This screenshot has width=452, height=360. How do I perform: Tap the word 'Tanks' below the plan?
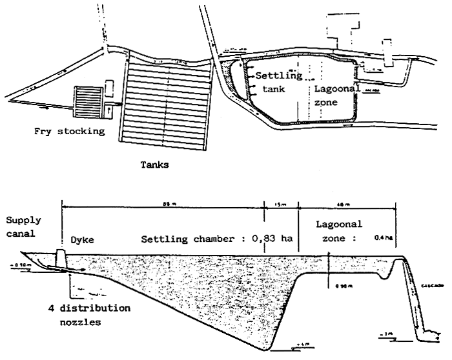(x=155, y=165)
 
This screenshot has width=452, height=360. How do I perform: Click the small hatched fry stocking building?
(x=88, y=101)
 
